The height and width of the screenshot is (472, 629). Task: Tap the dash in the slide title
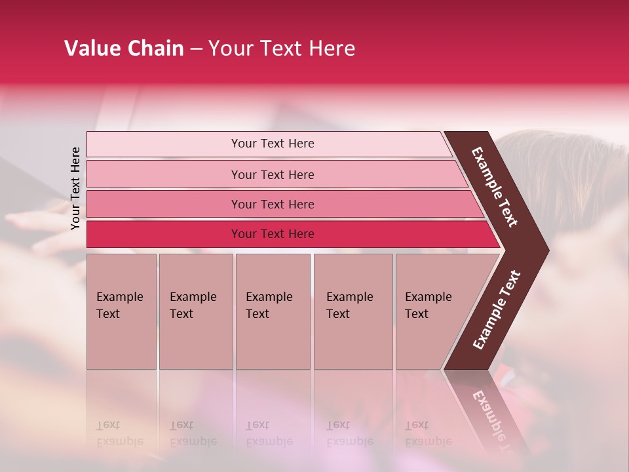196,49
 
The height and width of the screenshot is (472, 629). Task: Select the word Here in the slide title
332,49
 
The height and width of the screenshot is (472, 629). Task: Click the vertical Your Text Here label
75,188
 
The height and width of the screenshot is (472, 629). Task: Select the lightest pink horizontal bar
272,144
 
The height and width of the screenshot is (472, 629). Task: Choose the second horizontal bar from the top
272,174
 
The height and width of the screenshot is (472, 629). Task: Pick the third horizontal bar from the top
272,204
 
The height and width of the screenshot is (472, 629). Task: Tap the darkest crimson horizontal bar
272,234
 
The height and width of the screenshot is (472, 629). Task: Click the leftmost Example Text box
121,311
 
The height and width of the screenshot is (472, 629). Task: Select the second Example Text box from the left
195,311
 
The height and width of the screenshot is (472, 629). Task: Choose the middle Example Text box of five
273,311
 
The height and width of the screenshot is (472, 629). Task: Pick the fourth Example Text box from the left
353,311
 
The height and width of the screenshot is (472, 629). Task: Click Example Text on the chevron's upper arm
495,187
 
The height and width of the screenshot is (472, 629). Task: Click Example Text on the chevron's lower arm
497,310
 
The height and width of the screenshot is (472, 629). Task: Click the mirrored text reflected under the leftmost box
119,433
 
